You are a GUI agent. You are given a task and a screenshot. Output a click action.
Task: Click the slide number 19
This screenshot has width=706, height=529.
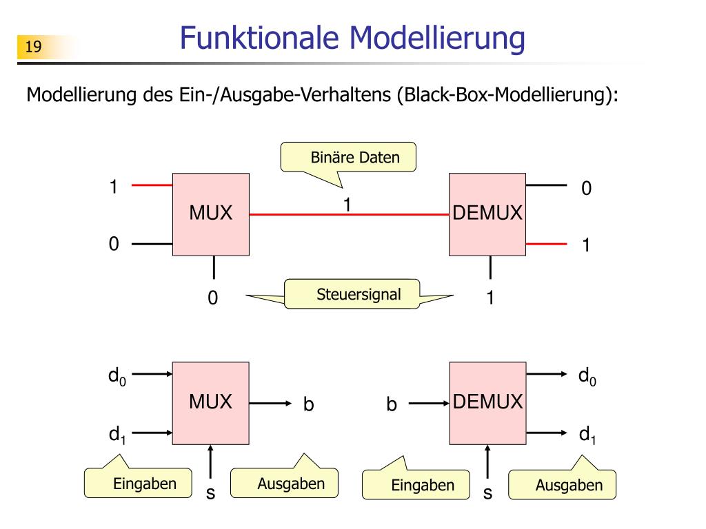point(33,46)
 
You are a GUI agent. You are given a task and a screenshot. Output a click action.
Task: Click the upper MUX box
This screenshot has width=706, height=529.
point(211,215)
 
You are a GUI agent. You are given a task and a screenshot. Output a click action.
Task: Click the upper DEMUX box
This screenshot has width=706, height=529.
point(487,215)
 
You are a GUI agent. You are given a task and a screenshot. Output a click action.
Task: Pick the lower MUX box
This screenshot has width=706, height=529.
point(211,403)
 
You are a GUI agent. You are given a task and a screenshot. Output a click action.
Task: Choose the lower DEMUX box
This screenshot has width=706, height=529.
point(487,403)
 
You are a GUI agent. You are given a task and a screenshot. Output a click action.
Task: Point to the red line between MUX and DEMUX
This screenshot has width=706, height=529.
point(349,215)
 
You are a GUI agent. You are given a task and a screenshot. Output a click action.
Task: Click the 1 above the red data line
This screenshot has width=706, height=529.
point(347,205)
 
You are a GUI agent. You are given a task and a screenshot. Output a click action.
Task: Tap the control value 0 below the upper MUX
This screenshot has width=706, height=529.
point(213,298)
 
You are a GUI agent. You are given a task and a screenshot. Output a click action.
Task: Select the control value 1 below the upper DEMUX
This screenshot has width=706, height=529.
point(490,298)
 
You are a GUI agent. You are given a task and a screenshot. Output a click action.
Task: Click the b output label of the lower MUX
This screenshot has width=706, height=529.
point(308,404)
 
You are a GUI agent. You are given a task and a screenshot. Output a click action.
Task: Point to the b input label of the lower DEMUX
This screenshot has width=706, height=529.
point(392,404)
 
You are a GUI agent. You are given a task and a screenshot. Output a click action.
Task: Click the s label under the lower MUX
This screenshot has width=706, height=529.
point(211,493)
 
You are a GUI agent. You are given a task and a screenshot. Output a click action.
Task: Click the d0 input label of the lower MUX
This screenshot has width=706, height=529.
point(117,377)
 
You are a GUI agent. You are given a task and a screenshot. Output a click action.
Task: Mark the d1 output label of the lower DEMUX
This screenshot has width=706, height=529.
point(587,435)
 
